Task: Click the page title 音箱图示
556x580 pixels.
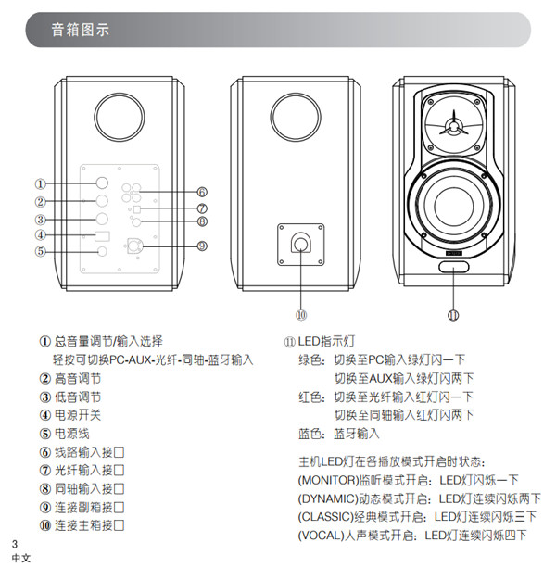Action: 81,30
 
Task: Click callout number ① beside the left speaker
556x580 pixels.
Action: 41,183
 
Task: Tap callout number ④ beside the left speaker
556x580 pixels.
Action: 41,235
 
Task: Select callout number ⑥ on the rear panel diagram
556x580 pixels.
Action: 201,192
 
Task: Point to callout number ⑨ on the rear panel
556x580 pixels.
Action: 201,246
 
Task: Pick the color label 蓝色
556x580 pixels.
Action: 312,434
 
